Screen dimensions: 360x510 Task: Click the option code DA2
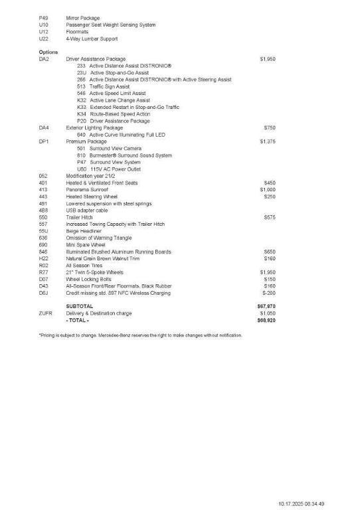tap(44, 59)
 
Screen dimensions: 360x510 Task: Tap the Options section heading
tap(48, 52)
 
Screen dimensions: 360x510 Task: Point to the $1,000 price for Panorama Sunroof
tap(268, 189)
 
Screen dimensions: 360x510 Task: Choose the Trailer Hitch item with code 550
tap(80, 217)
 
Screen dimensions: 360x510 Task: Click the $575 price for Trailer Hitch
tap(270, 217)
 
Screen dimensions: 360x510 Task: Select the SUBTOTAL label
tap(80, 306)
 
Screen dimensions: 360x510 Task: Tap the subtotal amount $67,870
tap(266, 306)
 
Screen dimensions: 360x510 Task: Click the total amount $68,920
tap(266, 320)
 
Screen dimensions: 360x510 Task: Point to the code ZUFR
tap(45, 313)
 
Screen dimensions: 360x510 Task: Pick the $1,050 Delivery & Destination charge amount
tap(268, 313)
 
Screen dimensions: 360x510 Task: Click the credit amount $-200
tap(269, 293)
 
